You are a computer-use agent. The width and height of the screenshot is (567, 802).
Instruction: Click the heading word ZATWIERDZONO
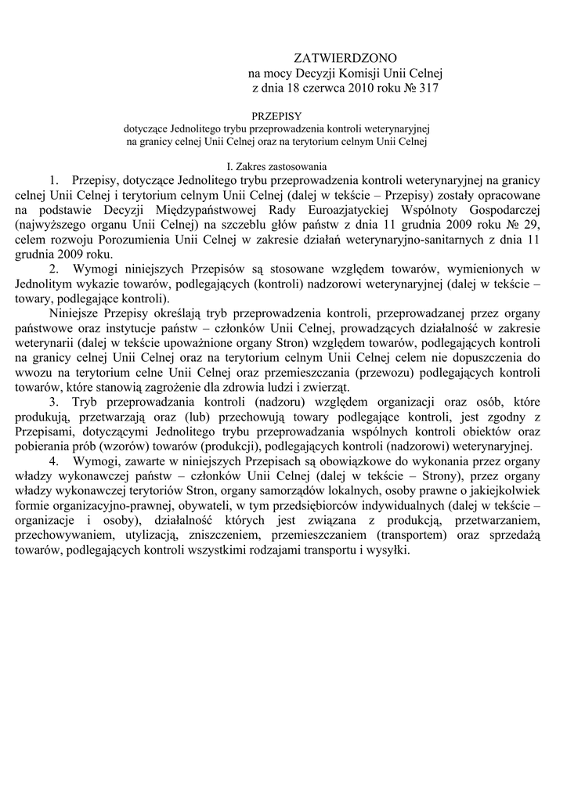click(345, 59)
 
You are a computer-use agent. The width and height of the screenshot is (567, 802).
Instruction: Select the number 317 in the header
click(428, 89)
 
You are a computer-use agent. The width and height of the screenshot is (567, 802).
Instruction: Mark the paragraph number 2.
click(54, 269)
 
